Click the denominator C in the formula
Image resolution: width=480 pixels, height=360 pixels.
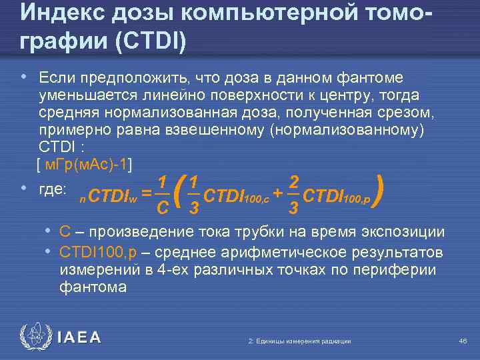coord(161,209)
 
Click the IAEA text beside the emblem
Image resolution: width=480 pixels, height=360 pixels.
coord(79,338)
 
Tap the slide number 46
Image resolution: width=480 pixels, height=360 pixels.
coord(463,341)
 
